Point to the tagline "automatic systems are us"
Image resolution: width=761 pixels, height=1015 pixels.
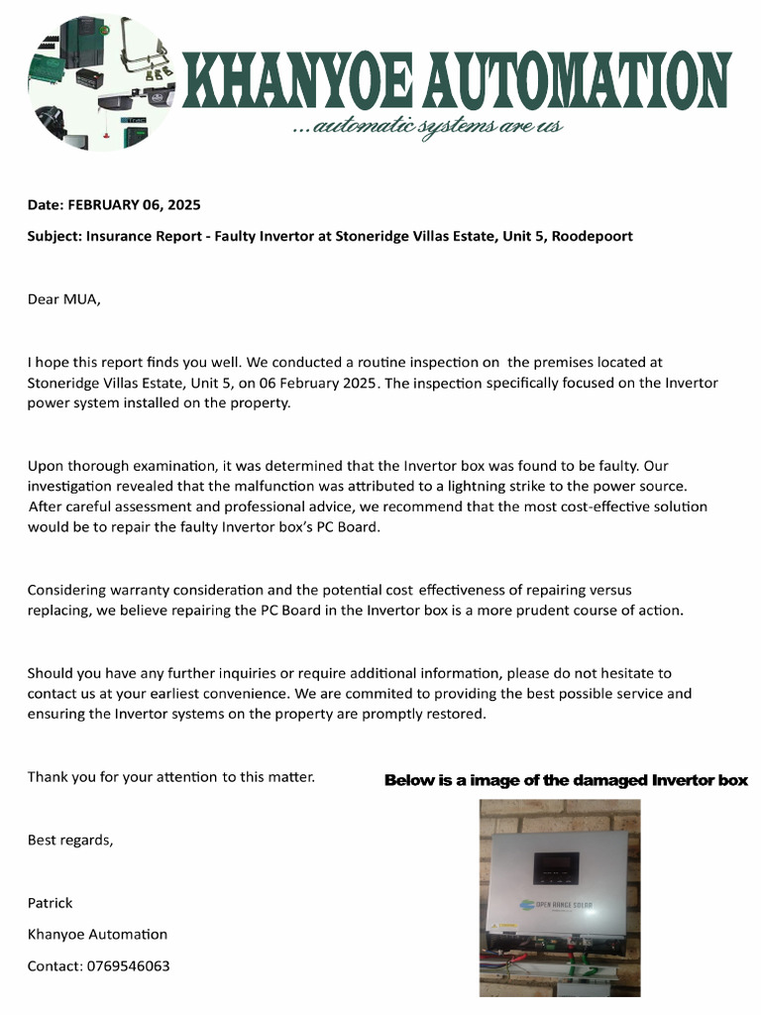coord(428,126)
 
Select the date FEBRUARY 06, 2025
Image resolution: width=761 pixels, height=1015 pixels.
coord(133,205)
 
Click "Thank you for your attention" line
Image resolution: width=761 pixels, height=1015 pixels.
coord(170,776)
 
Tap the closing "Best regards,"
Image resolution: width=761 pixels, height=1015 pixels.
coord(69,840)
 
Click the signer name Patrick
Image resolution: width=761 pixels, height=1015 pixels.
coord(50,903)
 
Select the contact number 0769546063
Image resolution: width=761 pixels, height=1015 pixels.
coord(127,965)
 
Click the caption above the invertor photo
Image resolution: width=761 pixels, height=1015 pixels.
coord(565,780)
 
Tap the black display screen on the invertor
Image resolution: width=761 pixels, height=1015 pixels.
coord(559,868)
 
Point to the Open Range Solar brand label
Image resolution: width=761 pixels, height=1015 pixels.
coord(559,904)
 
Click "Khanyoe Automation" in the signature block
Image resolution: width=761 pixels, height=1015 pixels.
coord(97,934)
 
